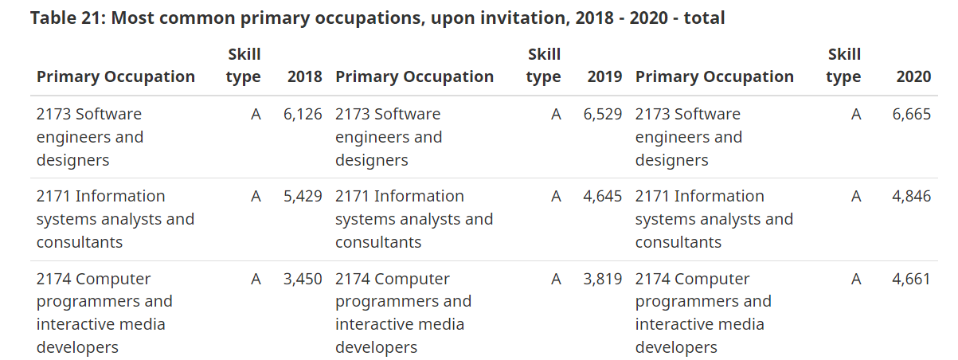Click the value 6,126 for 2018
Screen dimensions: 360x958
click(x=303, y=114)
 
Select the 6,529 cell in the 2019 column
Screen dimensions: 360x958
click(x=602, y=114)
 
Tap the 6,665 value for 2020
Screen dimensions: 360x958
click(x=911, y=114)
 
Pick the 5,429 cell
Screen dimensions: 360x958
click(x=303, y=196)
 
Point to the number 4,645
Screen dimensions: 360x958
click(x=602, y=196)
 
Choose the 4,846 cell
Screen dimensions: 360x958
click(x=911, y=196)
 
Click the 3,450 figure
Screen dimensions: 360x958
click(x=303, y=279)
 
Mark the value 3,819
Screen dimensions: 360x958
click(x=602, y=279)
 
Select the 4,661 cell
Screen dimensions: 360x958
click(x=911, y=279)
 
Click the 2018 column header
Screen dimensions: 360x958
click(x=304, y=76)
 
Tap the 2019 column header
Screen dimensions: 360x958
click(x=604, y=76)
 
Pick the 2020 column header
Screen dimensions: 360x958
click(x=913, y=76)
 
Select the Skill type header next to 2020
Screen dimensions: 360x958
click(x=843, y=65)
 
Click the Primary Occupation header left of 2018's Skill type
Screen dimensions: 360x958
click(x=115, y=76)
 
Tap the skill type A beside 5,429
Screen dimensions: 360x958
click(x=256, y=196)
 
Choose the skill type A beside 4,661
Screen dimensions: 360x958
click(x=855, y=279)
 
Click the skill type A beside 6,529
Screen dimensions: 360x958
click(x=556, y=114)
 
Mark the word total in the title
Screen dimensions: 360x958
click(x=703, y=18)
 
